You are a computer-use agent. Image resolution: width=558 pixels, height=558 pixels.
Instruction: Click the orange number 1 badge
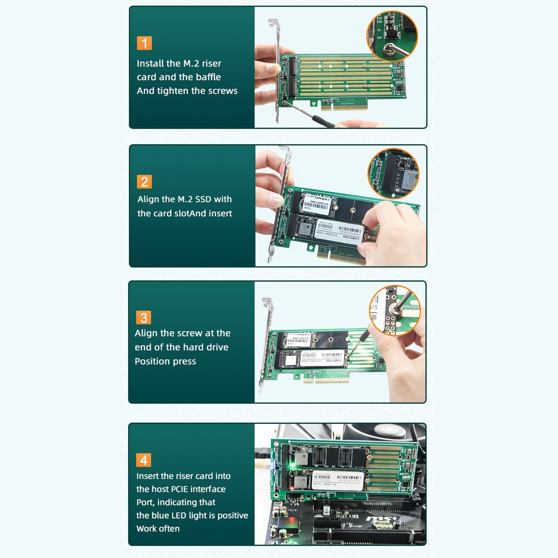click(144, 43)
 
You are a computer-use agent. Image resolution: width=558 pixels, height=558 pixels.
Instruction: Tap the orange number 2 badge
click(144, 182)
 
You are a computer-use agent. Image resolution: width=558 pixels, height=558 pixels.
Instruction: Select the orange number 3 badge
click(144, 318)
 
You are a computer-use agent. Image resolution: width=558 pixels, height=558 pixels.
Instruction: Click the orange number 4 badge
click(144, 460)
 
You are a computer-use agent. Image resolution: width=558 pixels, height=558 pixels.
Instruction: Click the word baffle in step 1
click(208, 77)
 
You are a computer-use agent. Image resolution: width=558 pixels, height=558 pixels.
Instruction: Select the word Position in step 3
click(151, 361)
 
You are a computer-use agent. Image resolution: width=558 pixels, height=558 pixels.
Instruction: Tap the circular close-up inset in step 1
click(392, 36)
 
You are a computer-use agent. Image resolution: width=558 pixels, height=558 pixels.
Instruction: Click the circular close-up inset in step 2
click(393, 174)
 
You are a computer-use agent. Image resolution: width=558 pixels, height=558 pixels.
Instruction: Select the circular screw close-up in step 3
click(395, 310)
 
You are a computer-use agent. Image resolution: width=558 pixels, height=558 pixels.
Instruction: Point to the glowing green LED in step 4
click(292, 465)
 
